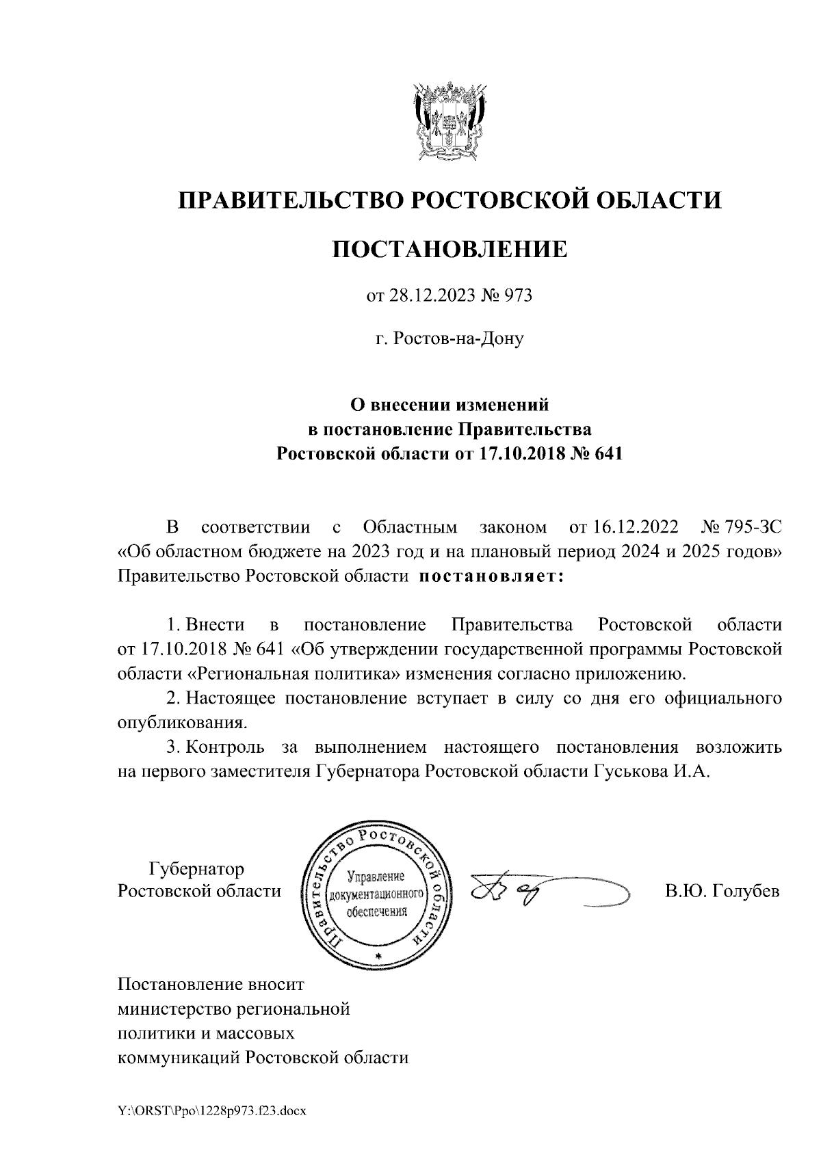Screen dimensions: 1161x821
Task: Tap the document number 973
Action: pos(518,296)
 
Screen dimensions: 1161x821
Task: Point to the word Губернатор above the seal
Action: pos(196,870)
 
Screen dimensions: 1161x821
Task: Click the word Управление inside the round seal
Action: pos(376,877)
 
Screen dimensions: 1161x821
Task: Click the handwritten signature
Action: pos(540,891)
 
